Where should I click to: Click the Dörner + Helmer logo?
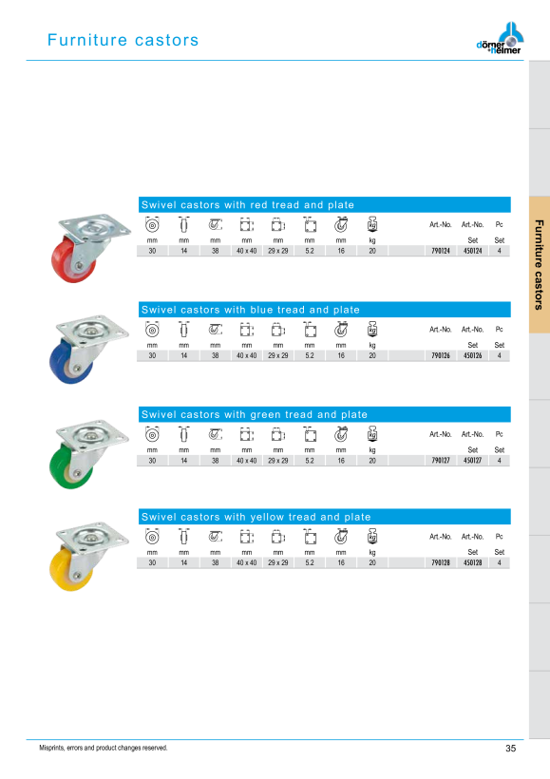coord(500,38)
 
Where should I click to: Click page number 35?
coord(511,749)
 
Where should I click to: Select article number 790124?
coord(440,251)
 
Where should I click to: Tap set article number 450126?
coord(472,355)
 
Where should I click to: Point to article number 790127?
coord(440,461)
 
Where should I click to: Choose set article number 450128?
coord(472,563)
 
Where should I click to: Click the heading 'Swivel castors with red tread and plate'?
coord(247,204)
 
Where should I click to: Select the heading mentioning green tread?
coord(255,414)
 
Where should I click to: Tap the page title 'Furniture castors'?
coord(123,40)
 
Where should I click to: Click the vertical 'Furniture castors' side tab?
coord(539,265)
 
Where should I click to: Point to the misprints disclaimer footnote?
coord(104,748)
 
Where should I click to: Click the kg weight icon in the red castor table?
coord(372,224)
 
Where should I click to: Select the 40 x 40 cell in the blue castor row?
coord(246,355)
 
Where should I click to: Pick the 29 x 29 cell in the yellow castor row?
coord(277,563)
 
